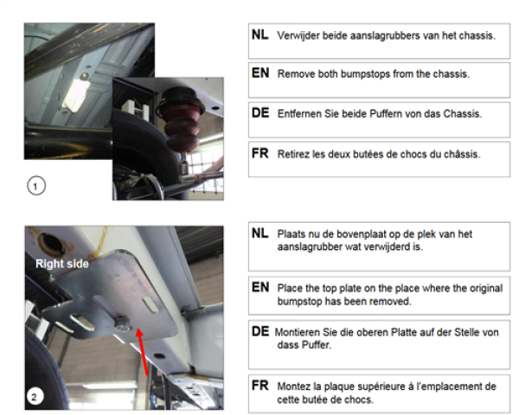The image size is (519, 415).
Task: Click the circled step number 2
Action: coord(33,398)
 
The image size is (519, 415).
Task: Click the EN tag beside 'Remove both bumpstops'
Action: coord(259,73)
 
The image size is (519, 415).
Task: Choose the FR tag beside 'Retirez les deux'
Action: coord(259,153)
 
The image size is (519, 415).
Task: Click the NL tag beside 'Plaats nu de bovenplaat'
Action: coord(259,234)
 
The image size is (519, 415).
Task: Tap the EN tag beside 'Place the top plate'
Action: coord(259,286)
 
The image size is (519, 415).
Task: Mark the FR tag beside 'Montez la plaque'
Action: coord(259,385)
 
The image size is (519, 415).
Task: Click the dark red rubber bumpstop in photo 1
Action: coord(181,121)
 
